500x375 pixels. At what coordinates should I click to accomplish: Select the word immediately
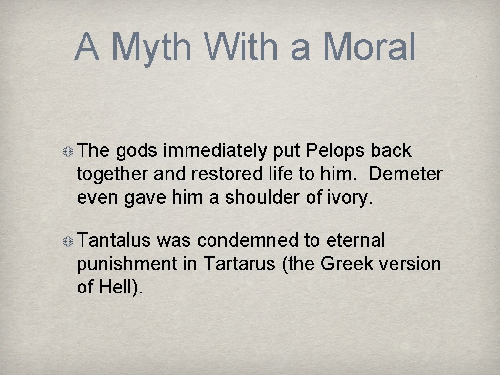[214, 151]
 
